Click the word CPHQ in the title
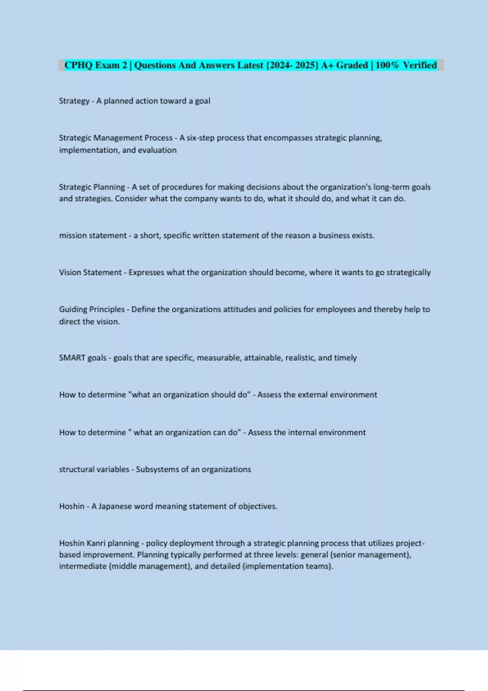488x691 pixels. [78, 65]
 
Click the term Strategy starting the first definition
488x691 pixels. [74, 101]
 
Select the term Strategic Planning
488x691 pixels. [92, 187]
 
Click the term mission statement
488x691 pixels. [93, 236]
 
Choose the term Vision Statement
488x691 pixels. [90, 272]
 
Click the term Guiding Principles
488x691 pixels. [92, 309]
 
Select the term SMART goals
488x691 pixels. [83, 358]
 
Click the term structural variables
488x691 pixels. [94, 469]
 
